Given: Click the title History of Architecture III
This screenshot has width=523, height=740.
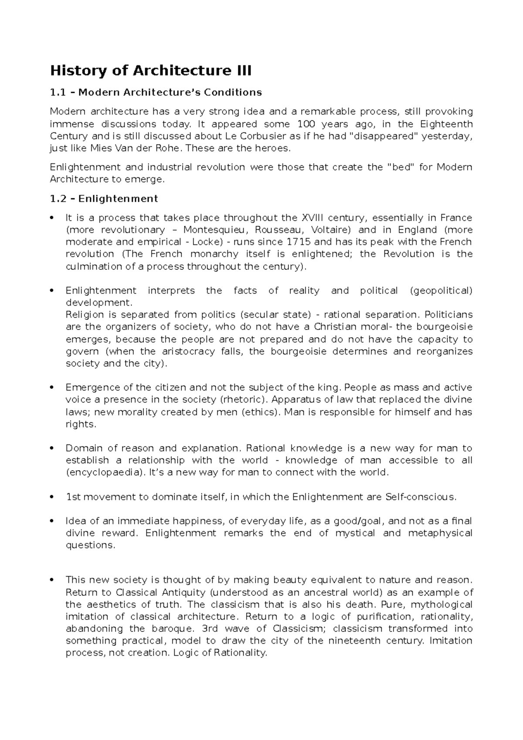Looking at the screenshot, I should click(x=151, y=70).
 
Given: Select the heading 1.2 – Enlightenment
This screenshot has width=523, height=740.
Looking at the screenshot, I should click(x=104, y=199).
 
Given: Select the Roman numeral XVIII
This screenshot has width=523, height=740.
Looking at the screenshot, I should click(x=312, y=217).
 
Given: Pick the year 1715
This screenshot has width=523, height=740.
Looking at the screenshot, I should click(x=298, y=242).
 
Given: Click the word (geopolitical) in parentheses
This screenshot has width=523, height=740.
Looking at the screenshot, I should click(x=441, y=291).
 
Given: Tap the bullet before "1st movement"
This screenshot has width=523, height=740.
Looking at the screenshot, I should click(x=52, y=497).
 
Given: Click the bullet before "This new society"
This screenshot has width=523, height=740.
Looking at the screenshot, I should click(x=52, y=580).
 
